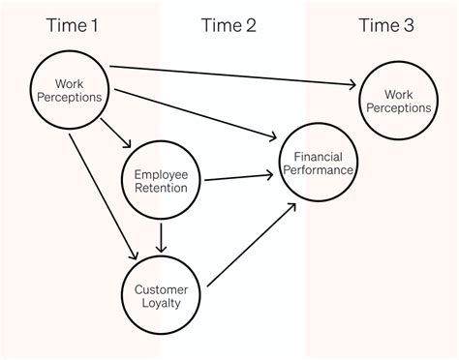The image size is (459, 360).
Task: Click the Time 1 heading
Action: tap(72, 25)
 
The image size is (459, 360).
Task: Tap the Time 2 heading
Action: tap(229, 25)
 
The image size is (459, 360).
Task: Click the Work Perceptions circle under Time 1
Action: tap(70, 89)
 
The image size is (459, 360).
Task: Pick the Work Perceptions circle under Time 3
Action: tap(395, 101)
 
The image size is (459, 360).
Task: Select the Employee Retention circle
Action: tap(161, 178)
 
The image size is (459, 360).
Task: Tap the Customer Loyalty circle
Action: tap(161, 294)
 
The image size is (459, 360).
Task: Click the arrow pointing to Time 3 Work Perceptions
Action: tap(232, 75)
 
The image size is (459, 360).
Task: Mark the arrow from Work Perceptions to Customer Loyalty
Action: tap(100, 194)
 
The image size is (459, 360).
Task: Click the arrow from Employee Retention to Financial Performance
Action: tap(238, 177)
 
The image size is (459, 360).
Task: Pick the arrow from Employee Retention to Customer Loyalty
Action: tap(162, 237)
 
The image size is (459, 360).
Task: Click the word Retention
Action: tap(161, 187)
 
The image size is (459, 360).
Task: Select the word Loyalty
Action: tap(161, 302)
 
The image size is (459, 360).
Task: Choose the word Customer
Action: tap(161, 287)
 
